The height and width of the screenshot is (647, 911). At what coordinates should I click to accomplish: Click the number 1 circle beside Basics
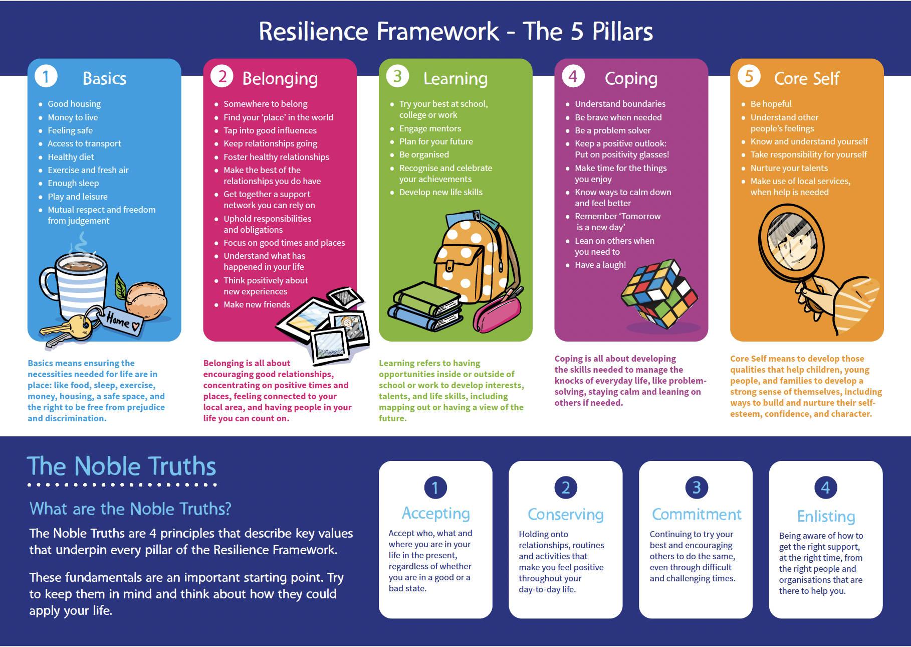click(46, 77)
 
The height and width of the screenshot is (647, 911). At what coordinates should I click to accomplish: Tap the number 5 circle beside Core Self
click(749, 77)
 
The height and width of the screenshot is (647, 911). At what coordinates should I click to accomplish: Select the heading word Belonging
click(280, 79)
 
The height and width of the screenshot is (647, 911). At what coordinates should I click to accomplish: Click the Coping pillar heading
click(631, 79)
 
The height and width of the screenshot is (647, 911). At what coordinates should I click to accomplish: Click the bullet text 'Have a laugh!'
click(600, 265)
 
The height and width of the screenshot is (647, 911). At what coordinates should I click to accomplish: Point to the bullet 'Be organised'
click(424, 154)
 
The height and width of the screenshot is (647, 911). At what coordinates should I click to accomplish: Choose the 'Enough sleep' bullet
click(73, 183)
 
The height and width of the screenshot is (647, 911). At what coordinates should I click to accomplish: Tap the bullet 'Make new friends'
click(257, 304)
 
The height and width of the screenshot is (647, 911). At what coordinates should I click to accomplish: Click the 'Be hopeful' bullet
click(771, 104)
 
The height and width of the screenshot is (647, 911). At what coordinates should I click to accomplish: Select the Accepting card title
click(435, 513)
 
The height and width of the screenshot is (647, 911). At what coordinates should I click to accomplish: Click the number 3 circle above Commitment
click(696, 487)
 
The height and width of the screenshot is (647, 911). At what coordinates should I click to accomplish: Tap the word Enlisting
click(826, 516)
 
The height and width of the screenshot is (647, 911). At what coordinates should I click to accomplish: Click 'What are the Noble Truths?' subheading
click(130, 509)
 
